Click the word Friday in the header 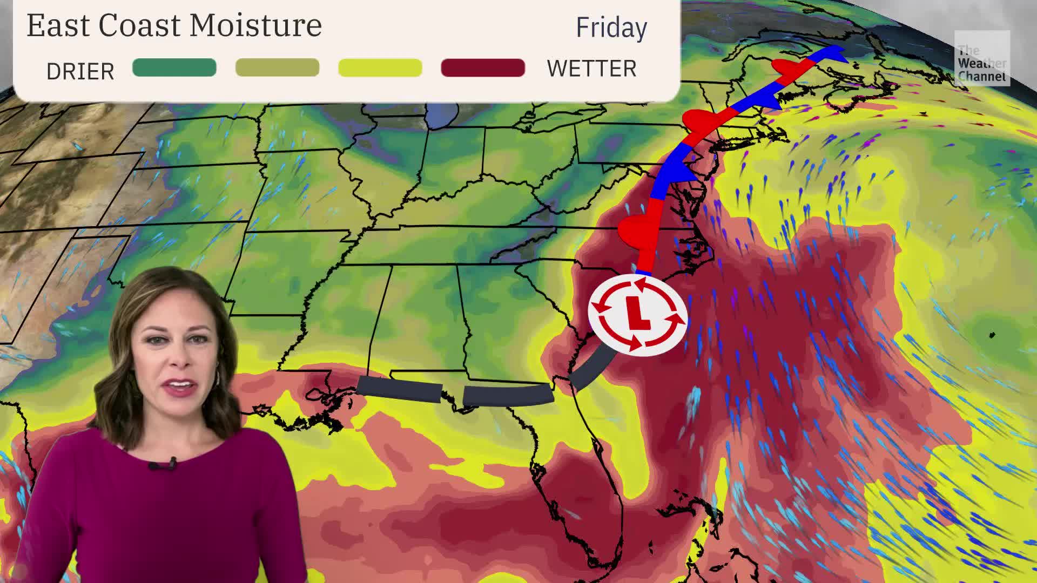click(611, 28)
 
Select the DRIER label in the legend click(80, 71)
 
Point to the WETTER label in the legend click(591, 69)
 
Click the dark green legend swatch click(174, 68)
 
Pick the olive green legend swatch click(277, 68)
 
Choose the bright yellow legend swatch click(380, 68)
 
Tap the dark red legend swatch click(483, 68)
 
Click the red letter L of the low click(637, 314)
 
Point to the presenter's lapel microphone click(172, 462)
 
